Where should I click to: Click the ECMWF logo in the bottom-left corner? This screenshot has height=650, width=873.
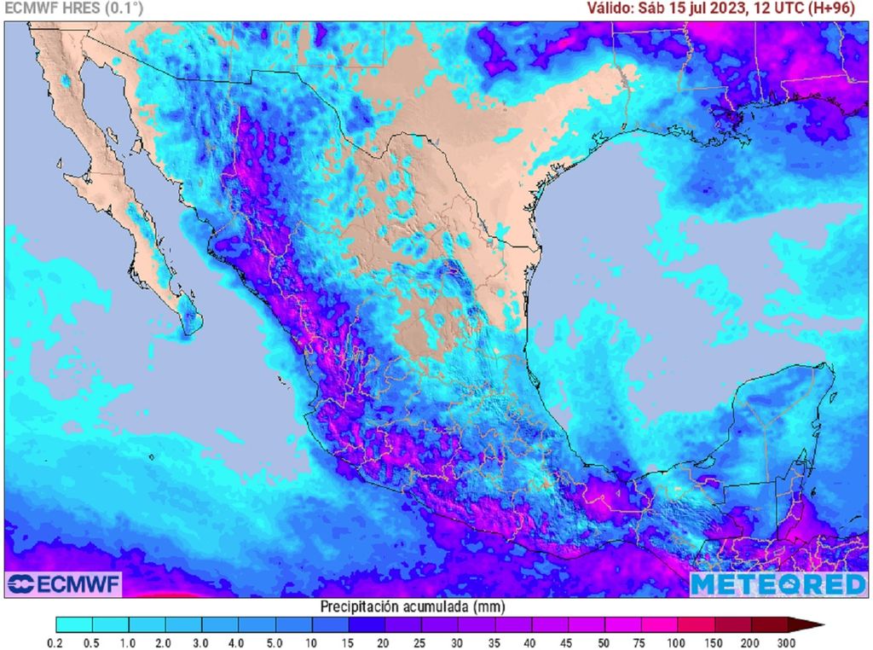[x=64, y=584]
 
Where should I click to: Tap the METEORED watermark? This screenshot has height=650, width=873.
[x=778, y=584]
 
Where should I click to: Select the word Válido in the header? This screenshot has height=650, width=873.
[x=607, y=9]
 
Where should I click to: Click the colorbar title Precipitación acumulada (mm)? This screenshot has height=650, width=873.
[x=413, y=606]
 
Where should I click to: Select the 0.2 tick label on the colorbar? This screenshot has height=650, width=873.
[x=56, y=641]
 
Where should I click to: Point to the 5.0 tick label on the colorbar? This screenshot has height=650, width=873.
[x=275, y=641]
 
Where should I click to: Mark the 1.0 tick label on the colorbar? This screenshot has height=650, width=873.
[x=130, y=641]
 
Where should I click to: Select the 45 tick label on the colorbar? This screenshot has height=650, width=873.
[x=568, y=641]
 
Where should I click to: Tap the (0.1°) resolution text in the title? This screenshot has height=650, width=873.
[x=124, y=9]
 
